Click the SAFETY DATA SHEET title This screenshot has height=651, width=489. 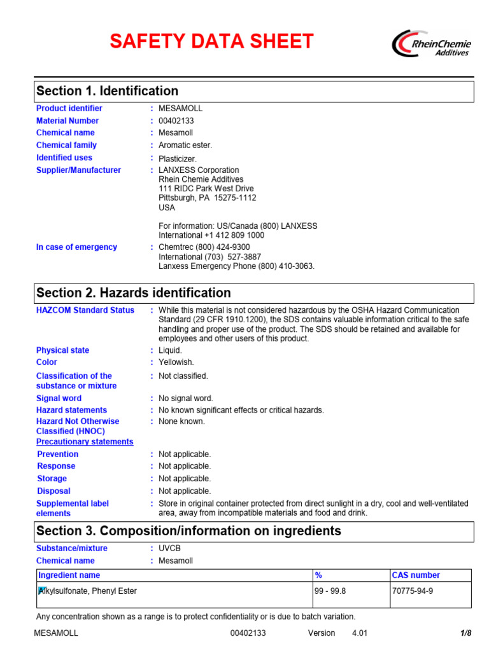pyautogui.click(x=211, y=42)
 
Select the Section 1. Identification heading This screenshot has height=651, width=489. pyautogui.click(x=107, y=91)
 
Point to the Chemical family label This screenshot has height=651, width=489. pyautogui.click(x=66, y=146)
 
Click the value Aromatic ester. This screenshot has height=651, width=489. pyautogui.click(x=185, y=146)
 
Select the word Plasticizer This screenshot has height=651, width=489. pyautogui.click(x=178, y=158)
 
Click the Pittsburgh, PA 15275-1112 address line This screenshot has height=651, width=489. pyautogui.click(x=208, y=198)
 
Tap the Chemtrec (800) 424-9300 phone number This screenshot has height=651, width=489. pyautogui.click(x=204, y=247)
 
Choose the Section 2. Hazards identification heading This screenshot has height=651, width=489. pyautogui.click(x=134, y=293)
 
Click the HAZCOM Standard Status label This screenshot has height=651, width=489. pyautogui.click(x=85, y=310)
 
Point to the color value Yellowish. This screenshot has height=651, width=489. pyautogui.click(x=176, y=362)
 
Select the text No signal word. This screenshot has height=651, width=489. pyautogui.click(x=186, y=399)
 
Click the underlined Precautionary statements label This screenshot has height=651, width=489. pyautogui.click(x=85, y=442)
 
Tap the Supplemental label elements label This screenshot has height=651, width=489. pyautogui.click(x=72, y=509)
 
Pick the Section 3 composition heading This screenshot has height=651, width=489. pyautogui.click(x=188, y=531)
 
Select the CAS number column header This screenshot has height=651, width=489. pyautogui.click(x=416, y=575)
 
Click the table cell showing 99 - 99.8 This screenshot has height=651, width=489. pyautogui.click(x=331, y=591)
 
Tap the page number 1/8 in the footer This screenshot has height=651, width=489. pyautogui.click(x=465, y=633)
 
